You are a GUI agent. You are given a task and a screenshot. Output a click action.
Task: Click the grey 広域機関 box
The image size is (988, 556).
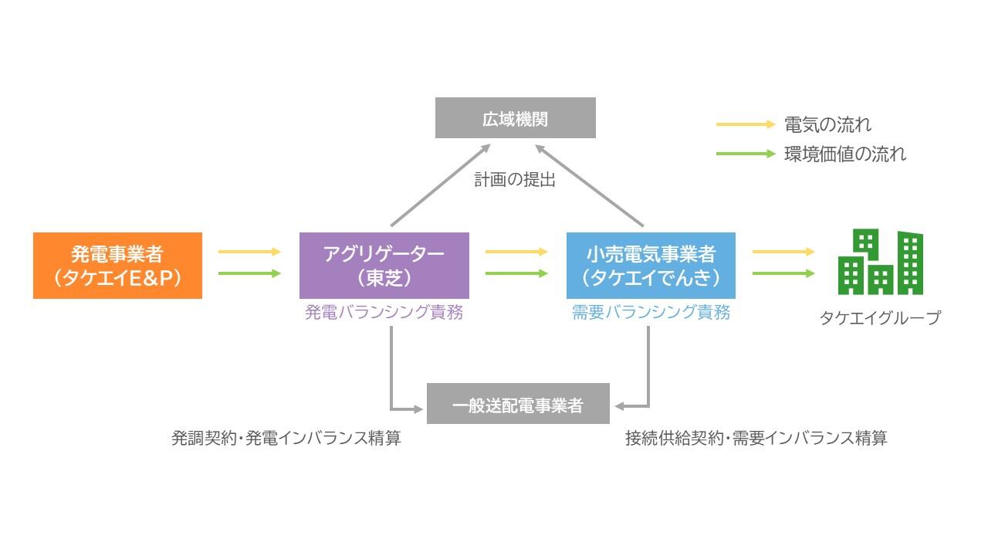coord(515,118)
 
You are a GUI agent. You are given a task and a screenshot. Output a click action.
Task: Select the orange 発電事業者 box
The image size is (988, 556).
coord(118,266)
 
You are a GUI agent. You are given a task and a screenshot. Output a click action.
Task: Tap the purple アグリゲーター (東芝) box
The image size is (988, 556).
coord(384,266)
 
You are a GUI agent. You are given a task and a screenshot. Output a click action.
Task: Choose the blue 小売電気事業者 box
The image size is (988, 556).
coord(651,266)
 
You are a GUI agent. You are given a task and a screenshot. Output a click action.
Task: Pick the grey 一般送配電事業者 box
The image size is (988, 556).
coord(518,404)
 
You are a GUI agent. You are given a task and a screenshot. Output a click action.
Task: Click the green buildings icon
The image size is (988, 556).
coord(881,262)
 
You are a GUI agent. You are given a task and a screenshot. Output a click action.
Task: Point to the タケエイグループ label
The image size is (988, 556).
coord(880,317)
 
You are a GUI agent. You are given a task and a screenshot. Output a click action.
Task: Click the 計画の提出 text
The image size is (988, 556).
coord(515,180)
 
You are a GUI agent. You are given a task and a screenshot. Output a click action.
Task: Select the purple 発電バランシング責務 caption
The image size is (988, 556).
coord(384,312)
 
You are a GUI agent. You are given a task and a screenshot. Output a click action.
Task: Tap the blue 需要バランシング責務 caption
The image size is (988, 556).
coord(651,312)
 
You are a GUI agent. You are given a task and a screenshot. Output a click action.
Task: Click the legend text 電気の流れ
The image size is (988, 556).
coord(827,124)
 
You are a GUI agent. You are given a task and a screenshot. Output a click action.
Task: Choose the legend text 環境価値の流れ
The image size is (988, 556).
coord(845,154)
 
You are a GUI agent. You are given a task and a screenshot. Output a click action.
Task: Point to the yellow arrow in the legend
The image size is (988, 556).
coord(746,124)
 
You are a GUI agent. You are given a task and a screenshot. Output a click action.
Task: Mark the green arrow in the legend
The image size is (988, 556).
coord(746,154)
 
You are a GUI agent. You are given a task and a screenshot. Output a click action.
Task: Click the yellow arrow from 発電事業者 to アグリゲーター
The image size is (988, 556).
coord(249,252)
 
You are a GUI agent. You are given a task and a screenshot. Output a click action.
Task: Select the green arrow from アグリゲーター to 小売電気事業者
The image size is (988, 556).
coord(516,273)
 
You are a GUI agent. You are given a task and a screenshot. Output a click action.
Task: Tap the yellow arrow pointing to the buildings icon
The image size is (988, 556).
coord(783,252)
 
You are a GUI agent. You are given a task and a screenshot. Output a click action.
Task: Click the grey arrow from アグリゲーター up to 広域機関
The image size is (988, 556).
coord(441,185)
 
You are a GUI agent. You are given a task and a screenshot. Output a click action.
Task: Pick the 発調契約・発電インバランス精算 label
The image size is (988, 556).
coord(286,438)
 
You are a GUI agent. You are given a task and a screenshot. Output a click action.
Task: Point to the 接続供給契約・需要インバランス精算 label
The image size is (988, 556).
coord(756,438)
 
